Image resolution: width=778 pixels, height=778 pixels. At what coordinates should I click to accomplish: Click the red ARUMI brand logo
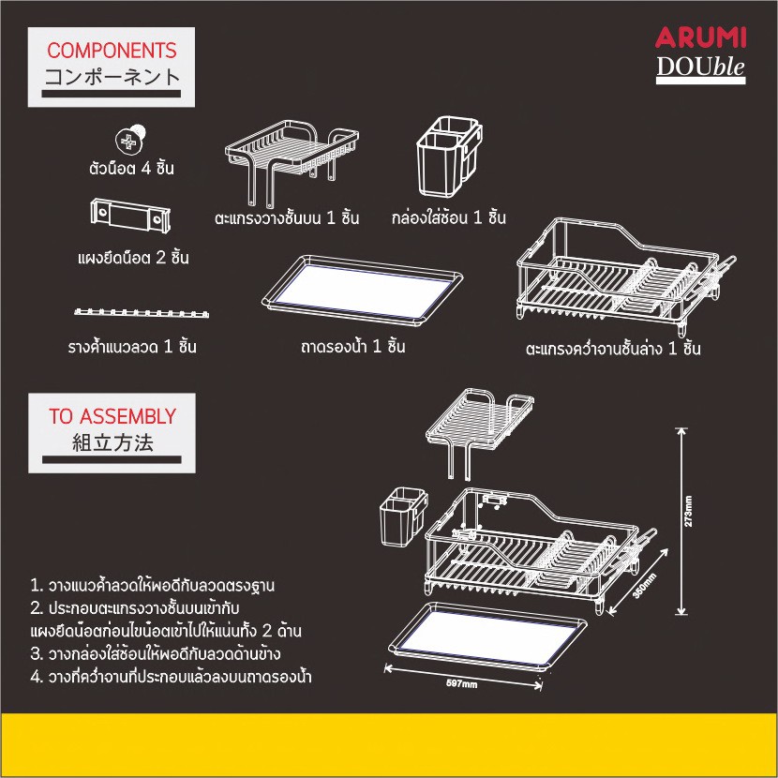point(700,37)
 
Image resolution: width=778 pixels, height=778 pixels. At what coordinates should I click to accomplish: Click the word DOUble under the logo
point(700,66)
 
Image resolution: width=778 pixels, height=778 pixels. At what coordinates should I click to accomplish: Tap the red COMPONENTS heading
point(112,50)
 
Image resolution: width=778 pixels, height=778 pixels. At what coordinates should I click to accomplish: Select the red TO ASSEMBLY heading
point(112,416)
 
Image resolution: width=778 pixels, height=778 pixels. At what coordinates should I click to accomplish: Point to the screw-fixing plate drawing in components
point(130,216)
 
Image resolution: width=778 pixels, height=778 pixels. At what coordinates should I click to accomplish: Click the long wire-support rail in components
point(142,312)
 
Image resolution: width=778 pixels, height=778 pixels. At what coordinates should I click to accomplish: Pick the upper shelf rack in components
point(292,161)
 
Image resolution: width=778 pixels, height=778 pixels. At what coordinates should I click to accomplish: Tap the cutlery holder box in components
point(449,157)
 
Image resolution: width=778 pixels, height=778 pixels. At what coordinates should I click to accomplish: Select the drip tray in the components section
point(362,291)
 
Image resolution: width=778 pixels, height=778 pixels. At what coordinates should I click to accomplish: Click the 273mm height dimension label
point(689,511)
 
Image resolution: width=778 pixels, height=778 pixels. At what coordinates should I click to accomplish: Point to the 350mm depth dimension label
point(645,586)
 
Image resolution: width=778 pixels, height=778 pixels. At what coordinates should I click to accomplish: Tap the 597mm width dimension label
point(461,683)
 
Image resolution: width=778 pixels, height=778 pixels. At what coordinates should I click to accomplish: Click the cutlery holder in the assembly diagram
point(404,516)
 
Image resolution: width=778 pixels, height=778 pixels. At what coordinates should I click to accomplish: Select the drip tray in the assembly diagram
point(487,636)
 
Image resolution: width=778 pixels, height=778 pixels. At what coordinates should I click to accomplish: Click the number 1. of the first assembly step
point(37,586)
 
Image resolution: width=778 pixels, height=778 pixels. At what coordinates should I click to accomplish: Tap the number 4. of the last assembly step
point(37,677)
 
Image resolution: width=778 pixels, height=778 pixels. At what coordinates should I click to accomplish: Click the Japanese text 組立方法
point(112,442)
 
